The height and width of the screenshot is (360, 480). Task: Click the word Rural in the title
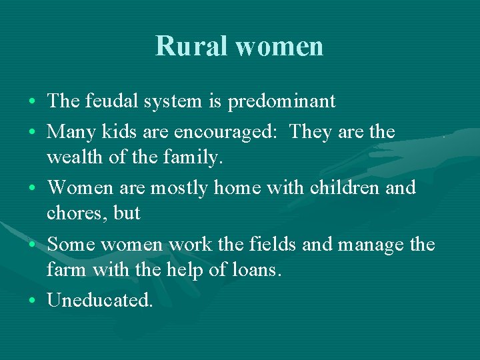pos(192,46)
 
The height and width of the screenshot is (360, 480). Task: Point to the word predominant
pos(281,102)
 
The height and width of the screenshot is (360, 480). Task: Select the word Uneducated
pos(100,300)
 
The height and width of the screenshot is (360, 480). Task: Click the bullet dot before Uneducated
pos(33,301)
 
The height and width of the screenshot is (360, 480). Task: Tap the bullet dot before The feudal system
pos(33,102)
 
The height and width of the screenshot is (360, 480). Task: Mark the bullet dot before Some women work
pos(33,245)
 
